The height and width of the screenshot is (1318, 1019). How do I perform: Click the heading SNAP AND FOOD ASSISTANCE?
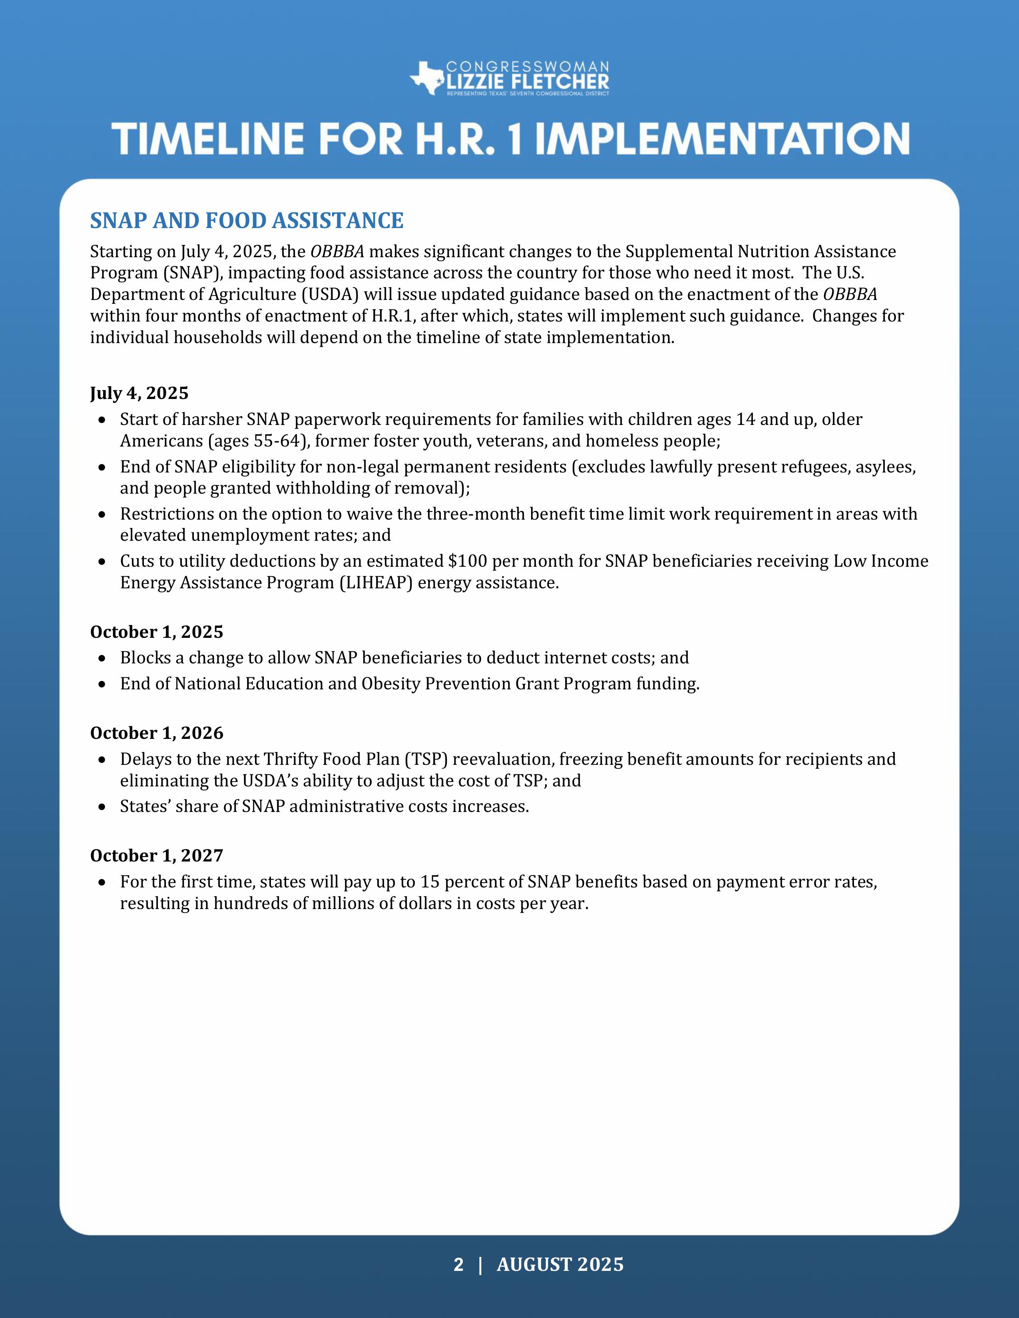coord(246,221)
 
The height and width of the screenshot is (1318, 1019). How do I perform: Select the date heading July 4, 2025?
coord(139,393)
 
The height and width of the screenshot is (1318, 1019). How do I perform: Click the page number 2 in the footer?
coord(458,1264)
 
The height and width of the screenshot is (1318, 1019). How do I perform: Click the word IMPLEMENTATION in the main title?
coord(722,139)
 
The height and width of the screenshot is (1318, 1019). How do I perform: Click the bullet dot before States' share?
coord(103,807)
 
